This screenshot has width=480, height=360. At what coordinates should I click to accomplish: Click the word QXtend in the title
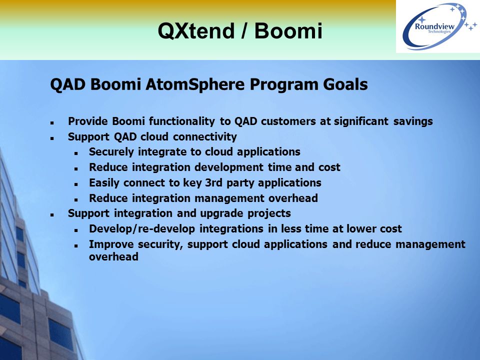point(196,31)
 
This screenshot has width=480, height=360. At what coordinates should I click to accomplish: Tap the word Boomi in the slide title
point(288,31)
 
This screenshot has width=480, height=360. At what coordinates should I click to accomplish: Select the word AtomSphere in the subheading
point(195,85)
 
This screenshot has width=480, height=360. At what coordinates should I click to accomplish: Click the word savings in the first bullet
point(413,121)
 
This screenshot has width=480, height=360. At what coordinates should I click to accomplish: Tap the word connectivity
point(205,136)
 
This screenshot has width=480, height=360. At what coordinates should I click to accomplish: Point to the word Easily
point(104,183)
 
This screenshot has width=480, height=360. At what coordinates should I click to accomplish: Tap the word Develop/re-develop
point(142,229)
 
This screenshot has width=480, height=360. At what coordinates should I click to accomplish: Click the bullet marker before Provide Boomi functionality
point(52,123)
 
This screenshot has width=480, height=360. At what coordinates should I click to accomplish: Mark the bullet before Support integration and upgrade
point(52,215)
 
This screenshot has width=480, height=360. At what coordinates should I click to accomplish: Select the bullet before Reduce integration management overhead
point(76,199)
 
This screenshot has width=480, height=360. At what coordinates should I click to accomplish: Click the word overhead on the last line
point(113,256)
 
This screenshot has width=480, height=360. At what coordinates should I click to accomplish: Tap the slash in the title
point(244,31)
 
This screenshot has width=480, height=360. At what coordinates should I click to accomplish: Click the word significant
point(361,121)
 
